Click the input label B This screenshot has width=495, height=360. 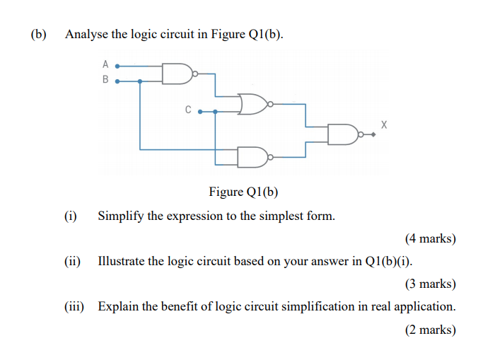(x=105, y=81)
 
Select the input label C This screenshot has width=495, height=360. (x=188, y=110)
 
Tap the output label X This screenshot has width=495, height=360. (x=384, y=124)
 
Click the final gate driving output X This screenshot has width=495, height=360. (x=343, y=134)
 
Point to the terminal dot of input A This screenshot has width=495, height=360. (x=117, y=65)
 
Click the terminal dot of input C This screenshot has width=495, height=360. (x=200, y=111)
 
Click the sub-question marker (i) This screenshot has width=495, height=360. (x=71, y=216)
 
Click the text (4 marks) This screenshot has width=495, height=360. (x=430, y=238)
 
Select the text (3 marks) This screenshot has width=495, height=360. (x=430, y=284)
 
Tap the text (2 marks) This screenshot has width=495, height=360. (x=430, y=329)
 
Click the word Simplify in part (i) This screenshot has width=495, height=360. (x=121, y=216)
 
